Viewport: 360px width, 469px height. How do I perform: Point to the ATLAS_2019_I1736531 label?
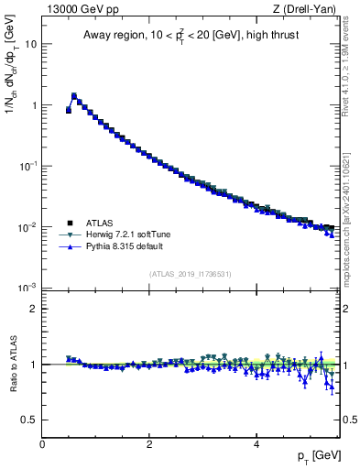(191, 274)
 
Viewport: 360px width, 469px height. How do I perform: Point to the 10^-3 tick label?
(29, 288)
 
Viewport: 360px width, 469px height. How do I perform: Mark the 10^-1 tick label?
(29, 166)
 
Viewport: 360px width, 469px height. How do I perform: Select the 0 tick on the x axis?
(42, 443)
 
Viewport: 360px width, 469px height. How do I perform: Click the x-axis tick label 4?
(256, 443)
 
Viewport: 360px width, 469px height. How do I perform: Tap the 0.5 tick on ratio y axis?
(29, 420)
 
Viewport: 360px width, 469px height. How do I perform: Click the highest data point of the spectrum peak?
(74, 95)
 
